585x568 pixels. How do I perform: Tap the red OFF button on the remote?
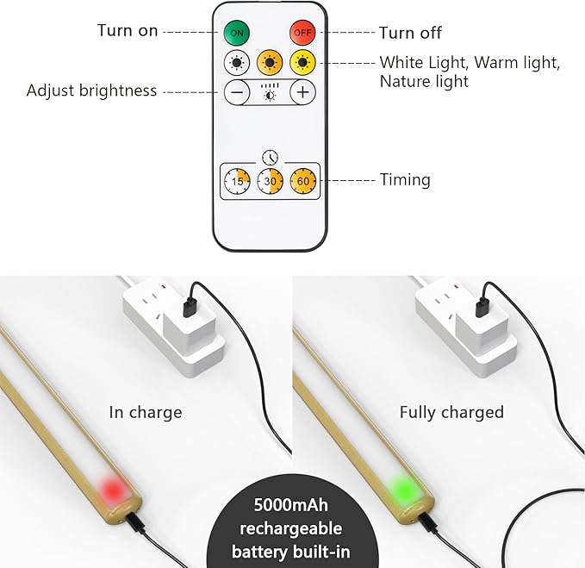pyautogui.click(x=302, y=32)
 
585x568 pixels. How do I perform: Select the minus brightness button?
pyautogui.click(x=238, y=91)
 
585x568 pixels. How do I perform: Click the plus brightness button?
pyautogui.click(x=302, y=91)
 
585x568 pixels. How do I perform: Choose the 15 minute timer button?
pyautogui.click(x=237, y=181)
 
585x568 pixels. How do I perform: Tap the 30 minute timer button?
pyautogui.click(x=270, y=181)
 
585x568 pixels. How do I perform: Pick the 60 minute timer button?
pyautogui.click(x=303, y=181)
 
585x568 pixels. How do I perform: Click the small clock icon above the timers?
pyautogui.click(x=271, y=157)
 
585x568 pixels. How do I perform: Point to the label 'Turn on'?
pyautogui.click(x=128, y=31)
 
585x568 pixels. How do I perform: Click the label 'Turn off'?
pyautogui.click(x=410, y=33)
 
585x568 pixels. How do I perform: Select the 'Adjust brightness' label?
pyautogui.click(x=92, y=91)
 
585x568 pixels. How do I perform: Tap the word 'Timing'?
pyautogui.click(x=405, y=180)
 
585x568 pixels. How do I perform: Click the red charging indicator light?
pyautogui.click(x=111, y=489)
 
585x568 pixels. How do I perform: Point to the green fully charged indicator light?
pyautogui.click(x=401, y=489)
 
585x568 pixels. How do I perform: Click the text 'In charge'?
pyautogui.click(x=146, y=412)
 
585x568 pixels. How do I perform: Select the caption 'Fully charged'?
pyautogui.click(x=451, y=412)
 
